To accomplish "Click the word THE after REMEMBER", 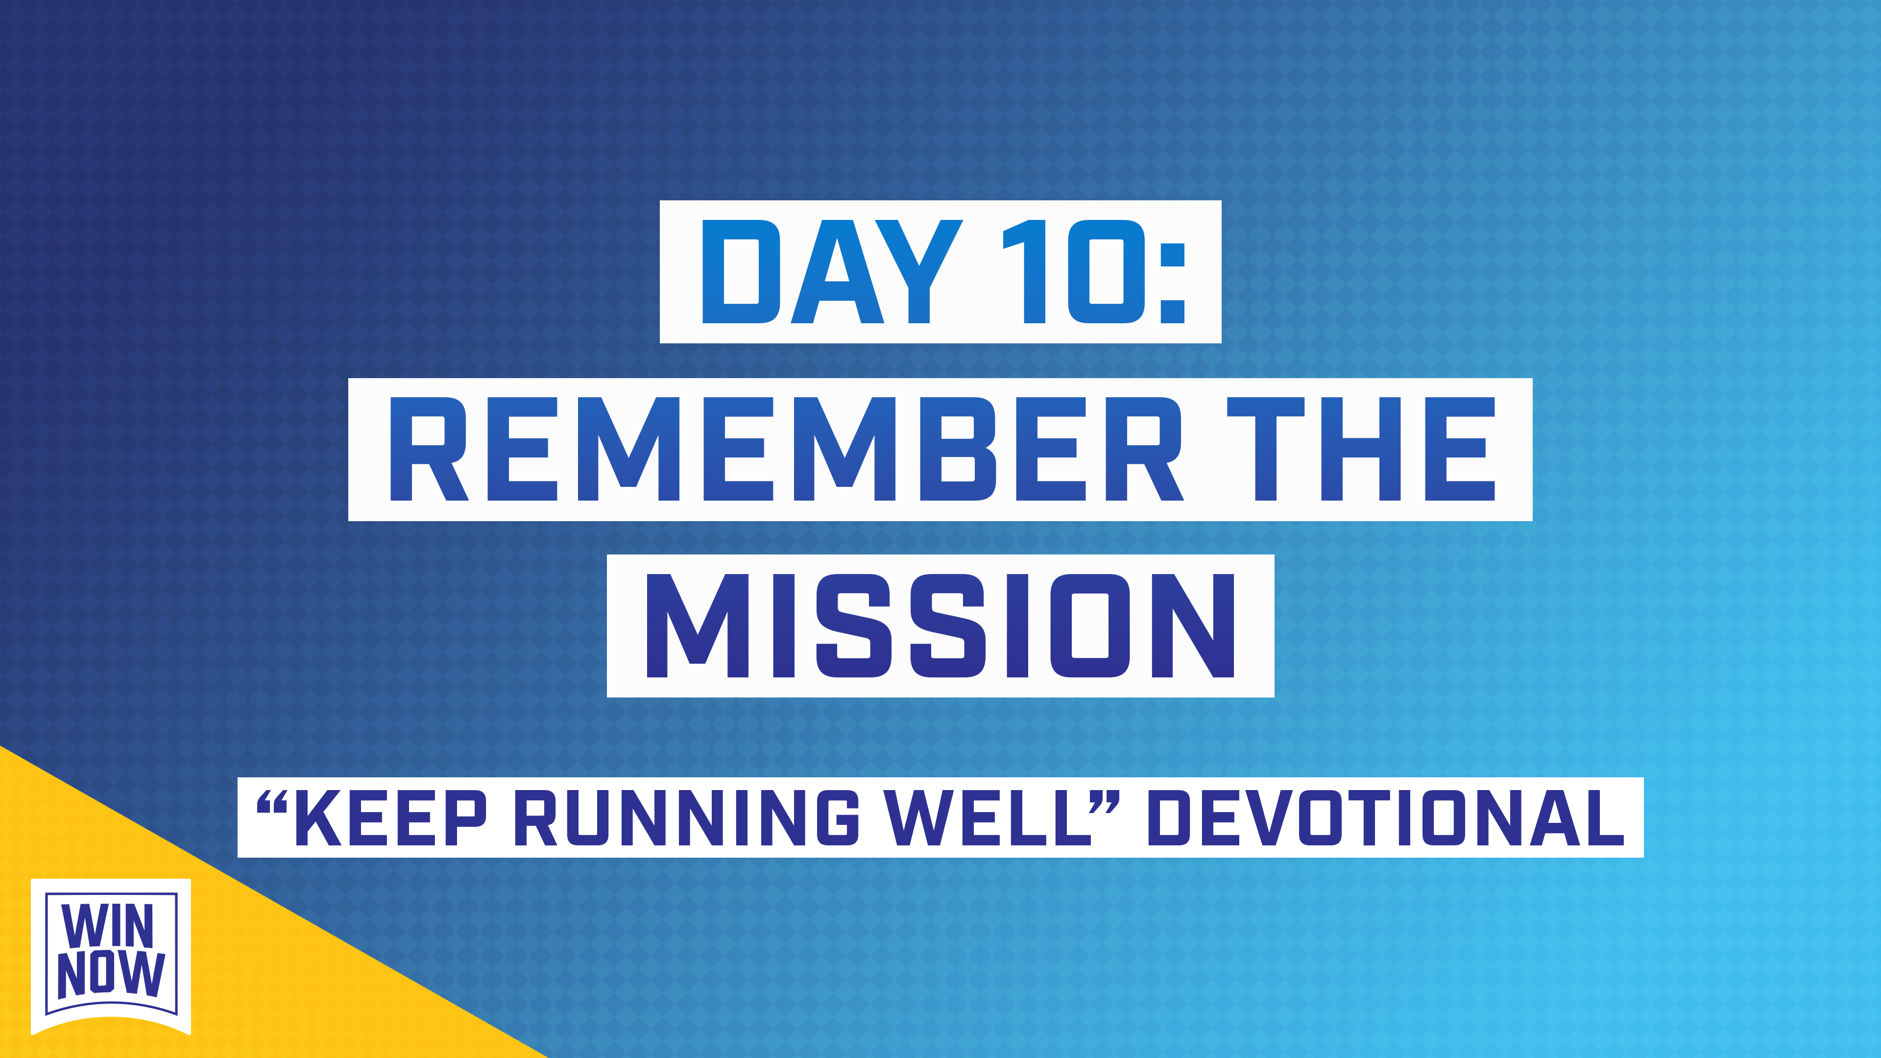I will point(1361,449).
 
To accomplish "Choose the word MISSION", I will point(940,626).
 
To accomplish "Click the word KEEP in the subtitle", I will point(391,818).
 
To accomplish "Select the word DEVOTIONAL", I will point(1385,818).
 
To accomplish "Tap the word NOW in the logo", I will point(111,974).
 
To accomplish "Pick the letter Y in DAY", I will point(918,272).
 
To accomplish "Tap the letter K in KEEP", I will point(317,818).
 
